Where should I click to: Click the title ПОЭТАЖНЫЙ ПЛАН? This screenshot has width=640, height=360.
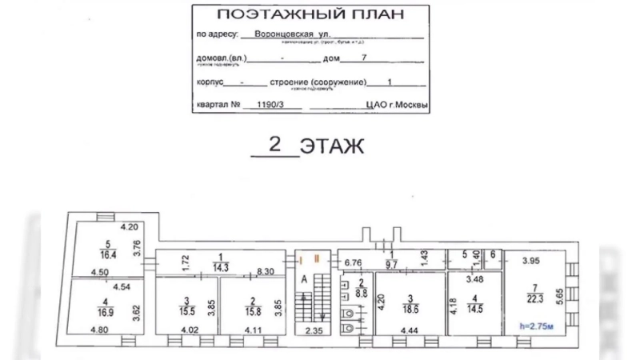pos(311,14)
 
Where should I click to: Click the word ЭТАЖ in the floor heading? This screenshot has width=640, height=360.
pos(332,146)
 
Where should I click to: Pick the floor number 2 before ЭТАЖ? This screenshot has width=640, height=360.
pos(274,145)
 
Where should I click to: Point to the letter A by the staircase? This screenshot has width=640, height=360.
pos(305,281)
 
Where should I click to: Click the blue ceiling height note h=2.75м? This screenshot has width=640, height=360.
pos(536,327)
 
